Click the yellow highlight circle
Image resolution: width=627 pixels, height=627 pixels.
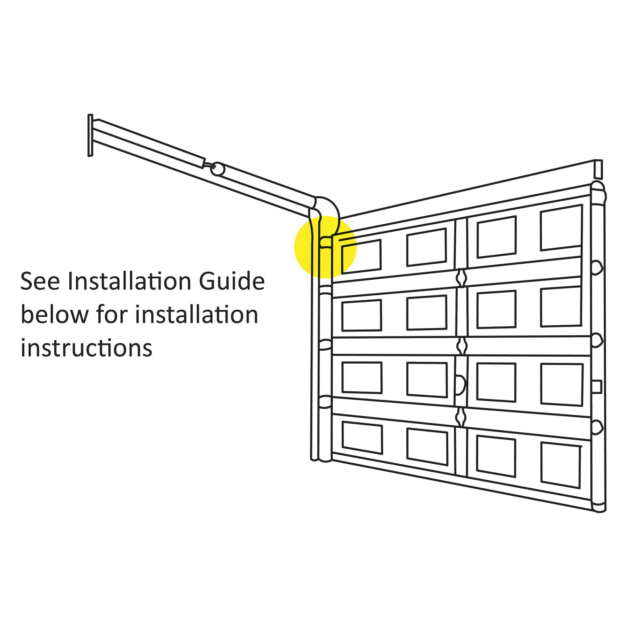[325, 247]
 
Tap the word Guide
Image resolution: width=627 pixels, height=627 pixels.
[232, 281]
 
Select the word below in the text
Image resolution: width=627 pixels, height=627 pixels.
[55, 314]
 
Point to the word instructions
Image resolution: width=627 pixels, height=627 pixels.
[86, 348]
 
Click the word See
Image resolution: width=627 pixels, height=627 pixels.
[40, 281]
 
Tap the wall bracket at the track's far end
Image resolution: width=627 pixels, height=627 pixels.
[90, 136]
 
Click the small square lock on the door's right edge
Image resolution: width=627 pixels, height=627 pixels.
[597, 386]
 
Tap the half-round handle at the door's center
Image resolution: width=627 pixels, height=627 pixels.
[460, 385]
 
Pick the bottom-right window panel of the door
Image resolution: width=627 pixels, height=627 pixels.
[561, 465]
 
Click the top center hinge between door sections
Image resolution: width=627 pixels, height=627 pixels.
[461, 278]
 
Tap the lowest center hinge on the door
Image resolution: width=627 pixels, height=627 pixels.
[461, 417]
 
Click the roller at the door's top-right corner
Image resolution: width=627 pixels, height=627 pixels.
[598, 193]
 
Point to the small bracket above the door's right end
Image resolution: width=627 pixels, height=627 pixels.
[598, 169]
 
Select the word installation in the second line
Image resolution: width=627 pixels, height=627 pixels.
[197, 314]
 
